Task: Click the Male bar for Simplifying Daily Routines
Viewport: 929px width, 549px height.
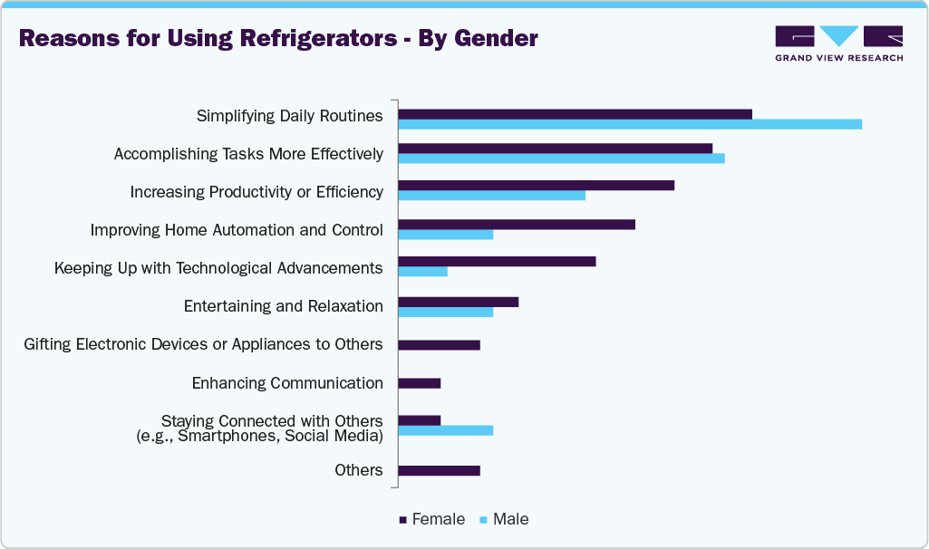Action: click(x=630, y=124)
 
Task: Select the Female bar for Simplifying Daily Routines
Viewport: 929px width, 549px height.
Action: click(x=575, y=113)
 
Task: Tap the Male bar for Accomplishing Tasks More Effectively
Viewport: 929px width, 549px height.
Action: click(x=561, y=159)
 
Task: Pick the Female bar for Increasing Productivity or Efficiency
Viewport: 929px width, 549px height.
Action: click(x=536, y=185)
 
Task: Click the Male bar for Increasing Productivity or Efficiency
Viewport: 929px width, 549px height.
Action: click(x=491, y=195)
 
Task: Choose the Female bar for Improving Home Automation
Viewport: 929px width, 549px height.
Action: click(x=517, y=224)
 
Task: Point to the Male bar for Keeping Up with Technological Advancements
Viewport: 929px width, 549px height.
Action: click(x=422, y=271)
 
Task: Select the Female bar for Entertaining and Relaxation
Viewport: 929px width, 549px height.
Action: click(x=458, y=301)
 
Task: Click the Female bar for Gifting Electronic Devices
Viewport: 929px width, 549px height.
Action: click(x=439, y=345)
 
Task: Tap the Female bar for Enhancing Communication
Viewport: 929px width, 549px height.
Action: click(x=419, y=383)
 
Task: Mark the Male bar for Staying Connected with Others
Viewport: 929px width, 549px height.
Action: click(x=445, y=430)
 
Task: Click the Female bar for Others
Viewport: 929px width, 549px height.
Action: click(x=439, y=470)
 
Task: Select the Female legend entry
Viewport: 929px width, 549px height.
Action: click(x=432, y=520)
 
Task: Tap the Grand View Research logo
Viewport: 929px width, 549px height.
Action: click(x=838, y=43)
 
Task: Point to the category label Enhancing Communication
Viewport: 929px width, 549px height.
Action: click(x=287, y=383)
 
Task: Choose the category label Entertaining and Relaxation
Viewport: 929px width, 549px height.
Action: click(x=283, y=306)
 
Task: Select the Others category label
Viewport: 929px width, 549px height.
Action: click(x=358, y=470)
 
